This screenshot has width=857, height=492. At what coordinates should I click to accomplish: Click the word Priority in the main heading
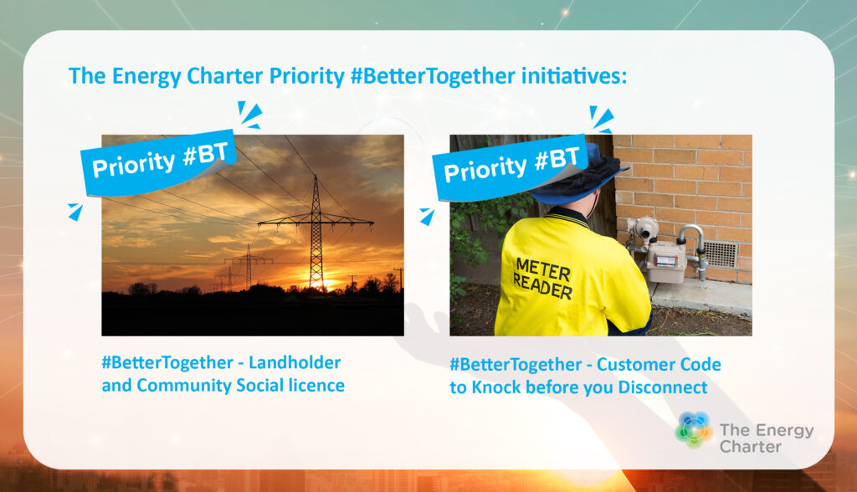click(306, 77)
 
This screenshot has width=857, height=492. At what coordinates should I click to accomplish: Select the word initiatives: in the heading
click(574, 75)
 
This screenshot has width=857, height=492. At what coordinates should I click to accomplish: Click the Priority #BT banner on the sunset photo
click(158, 162)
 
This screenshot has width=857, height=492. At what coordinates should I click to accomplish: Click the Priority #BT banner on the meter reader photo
click(511, 167)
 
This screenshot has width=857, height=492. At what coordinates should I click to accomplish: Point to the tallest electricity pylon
click(316, 233)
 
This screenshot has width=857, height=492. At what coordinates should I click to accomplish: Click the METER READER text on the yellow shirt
click(542, 279)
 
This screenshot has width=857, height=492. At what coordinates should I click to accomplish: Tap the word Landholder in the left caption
click(295, 362)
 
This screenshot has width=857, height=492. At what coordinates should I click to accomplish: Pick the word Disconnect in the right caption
click(663, 387)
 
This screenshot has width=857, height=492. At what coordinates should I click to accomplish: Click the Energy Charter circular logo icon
click(694, 430)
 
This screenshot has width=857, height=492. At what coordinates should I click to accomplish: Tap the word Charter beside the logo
click(751, 447)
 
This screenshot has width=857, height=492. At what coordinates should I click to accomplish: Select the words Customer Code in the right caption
click(659, 365)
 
